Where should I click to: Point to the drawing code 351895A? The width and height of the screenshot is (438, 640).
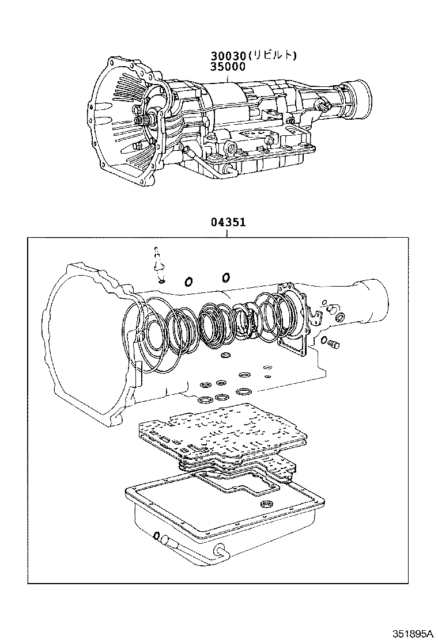412,633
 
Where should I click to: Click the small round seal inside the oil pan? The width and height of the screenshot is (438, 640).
266,505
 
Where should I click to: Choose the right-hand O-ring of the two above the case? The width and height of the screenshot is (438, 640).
225,277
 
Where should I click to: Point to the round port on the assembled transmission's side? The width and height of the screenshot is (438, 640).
231,149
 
